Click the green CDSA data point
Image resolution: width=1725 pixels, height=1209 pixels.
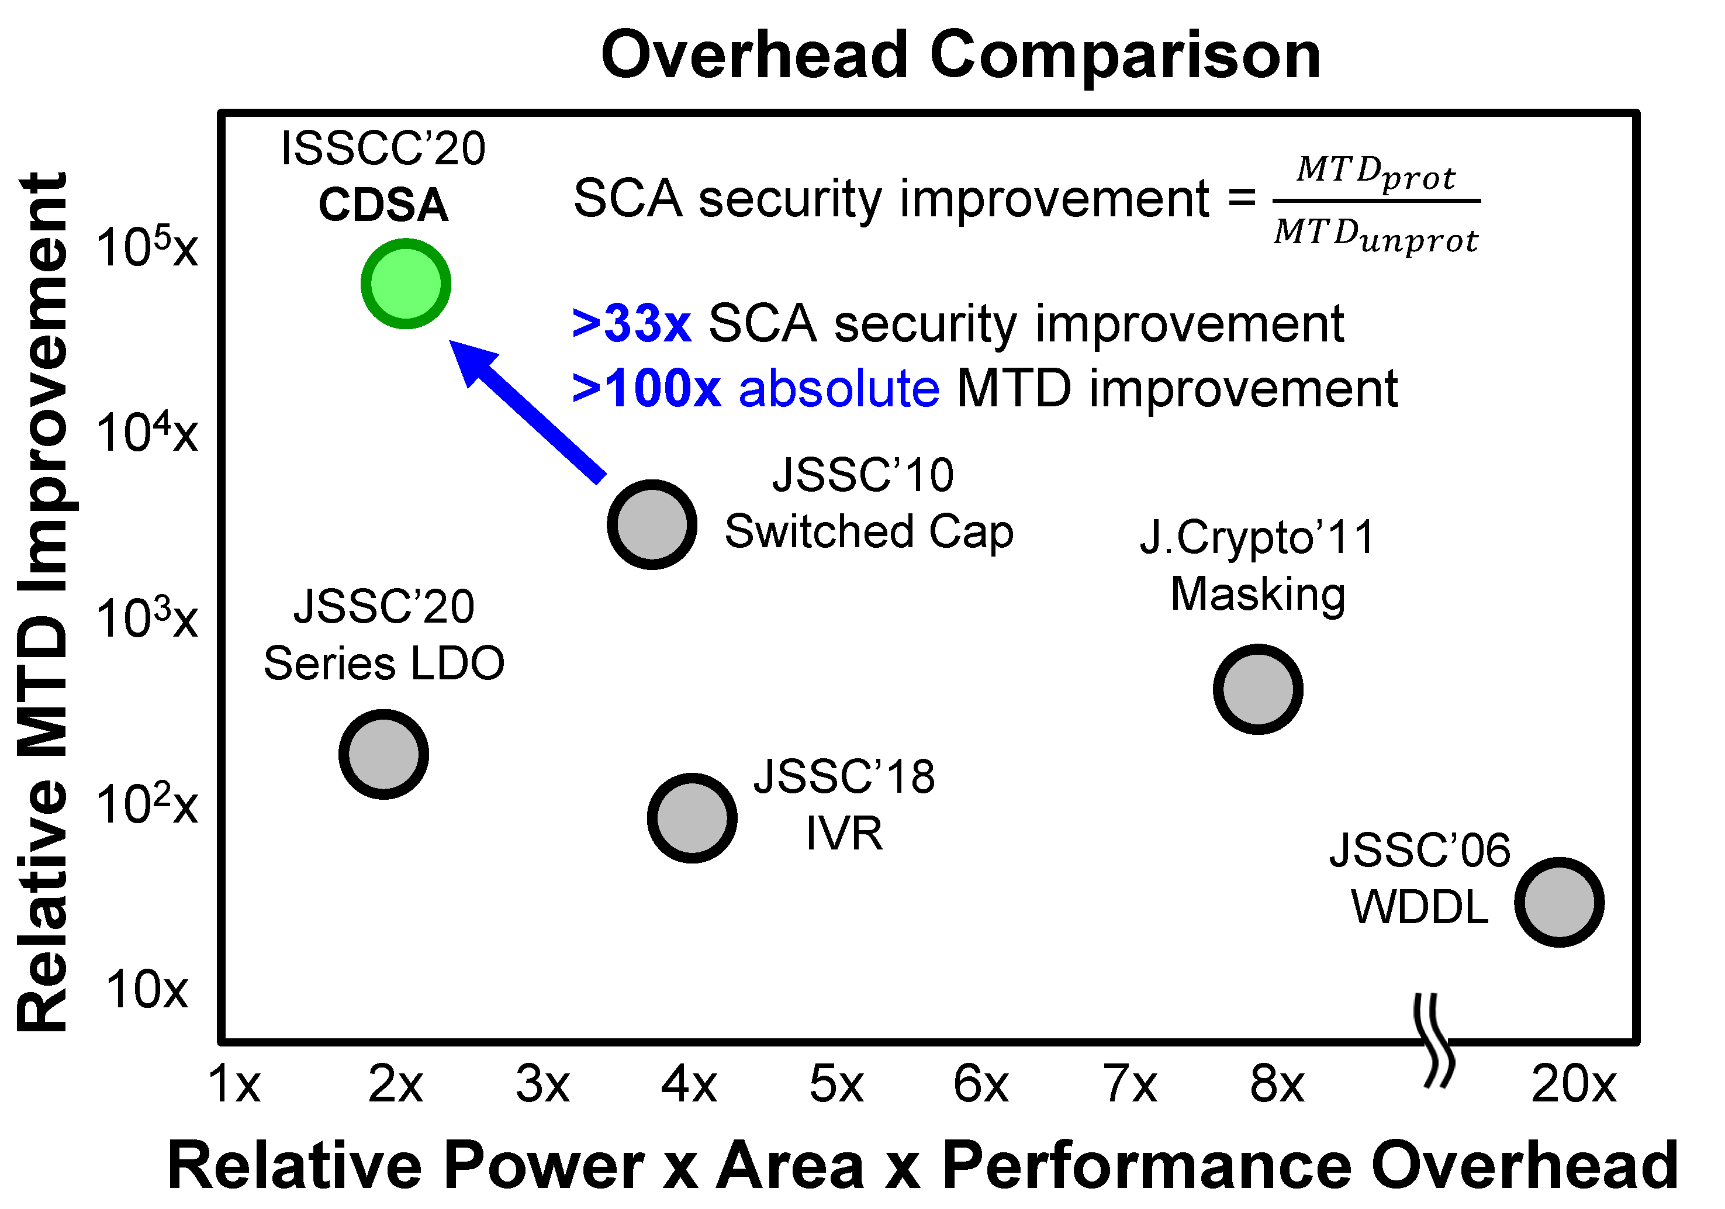(x=406, y=284)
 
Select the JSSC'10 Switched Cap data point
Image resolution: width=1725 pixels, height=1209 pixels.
(x=651, y=524)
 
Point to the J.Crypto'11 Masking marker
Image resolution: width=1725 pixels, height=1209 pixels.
(x=1258, y=689)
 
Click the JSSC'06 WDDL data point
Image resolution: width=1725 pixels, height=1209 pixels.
(x=1559, y=901)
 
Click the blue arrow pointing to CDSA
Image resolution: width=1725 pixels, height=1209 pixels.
(x=529, y=412)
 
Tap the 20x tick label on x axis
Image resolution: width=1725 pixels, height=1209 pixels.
(x=1573, y=1084)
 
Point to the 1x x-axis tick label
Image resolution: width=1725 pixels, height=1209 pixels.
(x=234, y=1084)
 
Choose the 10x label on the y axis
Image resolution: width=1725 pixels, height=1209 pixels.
(x=147, y=990)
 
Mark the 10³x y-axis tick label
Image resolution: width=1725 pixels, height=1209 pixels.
(x=147, y=619)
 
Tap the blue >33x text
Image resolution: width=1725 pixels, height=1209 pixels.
(x=631, y=324)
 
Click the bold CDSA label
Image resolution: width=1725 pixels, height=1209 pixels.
(x=383, y=205)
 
